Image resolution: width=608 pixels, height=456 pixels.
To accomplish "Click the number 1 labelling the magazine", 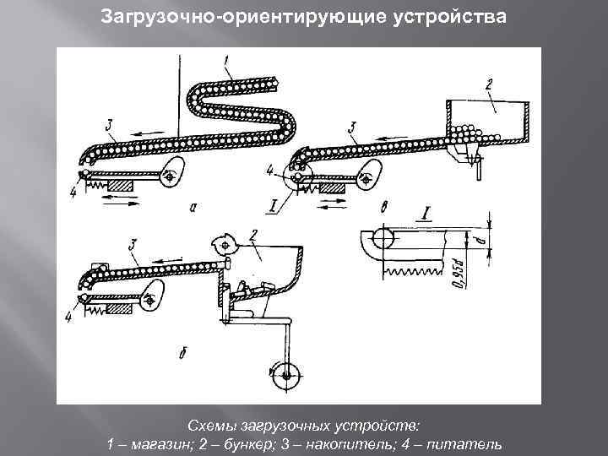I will coord(227,59).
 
